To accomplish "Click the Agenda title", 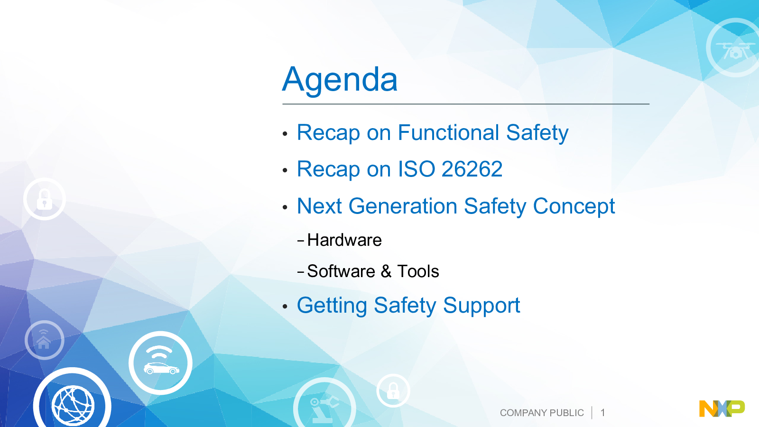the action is (x=340, y=80).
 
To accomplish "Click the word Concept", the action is (x=574, y=207).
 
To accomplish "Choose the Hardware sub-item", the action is (x=344, y=240).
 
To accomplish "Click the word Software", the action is (x=341, y=271).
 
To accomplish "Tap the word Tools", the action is (x=418, y=271).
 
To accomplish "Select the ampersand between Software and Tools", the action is (x=386, y=271).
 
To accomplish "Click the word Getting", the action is (x=332, y=306).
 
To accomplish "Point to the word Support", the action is (x=481, y=306).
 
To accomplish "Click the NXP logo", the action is (x=722, y=408).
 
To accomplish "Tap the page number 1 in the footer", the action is (x=603, y=413).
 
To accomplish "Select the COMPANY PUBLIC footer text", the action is (x=542, y=413).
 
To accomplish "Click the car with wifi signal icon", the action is (x=161, y=363).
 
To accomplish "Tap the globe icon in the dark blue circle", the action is (x=73, y=406).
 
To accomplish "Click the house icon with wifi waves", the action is (x=44, y=339).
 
